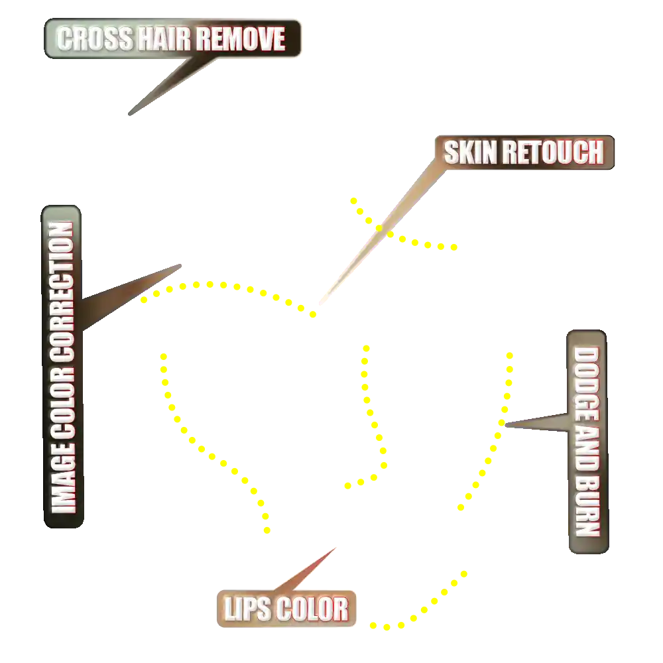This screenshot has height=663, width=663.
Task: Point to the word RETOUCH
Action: pyautogui.click(x=553, y=153)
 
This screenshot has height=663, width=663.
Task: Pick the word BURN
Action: pyautogui.click(x=586, y=508)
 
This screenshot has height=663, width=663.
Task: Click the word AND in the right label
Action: pyautogui.click(x=586, y=452)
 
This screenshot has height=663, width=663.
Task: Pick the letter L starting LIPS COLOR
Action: pyautogui.click(x=229, y=609)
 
